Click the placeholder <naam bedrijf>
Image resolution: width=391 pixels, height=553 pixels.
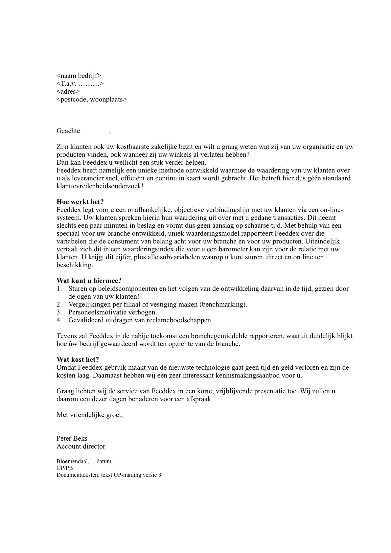(79, 76)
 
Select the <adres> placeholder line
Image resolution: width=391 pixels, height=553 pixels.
(68, 92)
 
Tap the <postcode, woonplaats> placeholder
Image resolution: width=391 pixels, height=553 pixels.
(91, 100)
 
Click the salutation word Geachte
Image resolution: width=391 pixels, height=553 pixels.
(68, 131)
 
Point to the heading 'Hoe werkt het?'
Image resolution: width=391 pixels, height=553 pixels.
(80, 202)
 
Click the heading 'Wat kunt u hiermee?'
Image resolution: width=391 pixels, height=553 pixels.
(89, 281)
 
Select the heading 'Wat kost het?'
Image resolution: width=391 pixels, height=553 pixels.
(78, 359)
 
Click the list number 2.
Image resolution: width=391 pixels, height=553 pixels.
(59, 305)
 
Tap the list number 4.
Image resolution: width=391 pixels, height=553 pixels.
(59, 320)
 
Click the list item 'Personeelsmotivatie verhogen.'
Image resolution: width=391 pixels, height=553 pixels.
(112, 312)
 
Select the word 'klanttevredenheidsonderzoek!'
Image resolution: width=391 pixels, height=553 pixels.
(100, 186)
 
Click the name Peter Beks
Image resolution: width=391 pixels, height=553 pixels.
(72, 439)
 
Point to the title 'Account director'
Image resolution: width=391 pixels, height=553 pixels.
(81, 447)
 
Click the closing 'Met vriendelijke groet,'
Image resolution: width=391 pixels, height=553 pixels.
(89, 415)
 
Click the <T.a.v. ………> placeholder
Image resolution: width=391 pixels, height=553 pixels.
(80, 84)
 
